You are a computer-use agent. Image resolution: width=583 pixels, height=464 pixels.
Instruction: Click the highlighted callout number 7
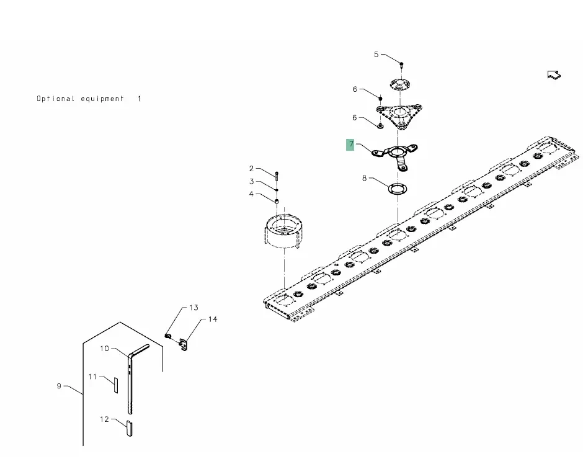click(351, 145)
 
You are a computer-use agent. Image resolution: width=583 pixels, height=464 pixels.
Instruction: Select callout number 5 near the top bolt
click(376, 55)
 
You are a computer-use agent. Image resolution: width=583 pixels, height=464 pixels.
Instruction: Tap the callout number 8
click(365, 179)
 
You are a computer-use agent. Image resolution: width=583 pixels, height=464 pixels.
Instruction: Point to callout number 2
click(252, 169)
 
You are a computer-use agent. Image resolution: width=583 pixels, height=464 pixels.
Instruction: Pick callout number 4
click(252, 194)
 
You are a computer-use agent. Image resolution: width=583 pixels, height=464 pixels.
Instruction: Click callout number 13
click(194, 308)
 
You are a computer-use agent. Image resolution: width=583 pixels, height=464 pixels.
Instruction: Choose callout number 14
click(213, 319)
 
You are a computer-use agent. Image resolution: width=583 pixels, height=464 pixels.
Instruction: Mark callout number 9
click(60, 386)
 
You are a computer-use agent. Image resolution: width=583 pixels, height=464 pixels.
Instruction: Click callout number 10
click(105, 349)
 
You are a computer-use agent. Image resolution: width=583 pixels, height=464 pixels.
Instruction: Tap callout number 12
click(105, 419)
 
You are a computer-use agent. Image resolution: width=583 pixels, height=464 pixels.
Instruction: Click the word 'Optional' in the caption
click(55, 99)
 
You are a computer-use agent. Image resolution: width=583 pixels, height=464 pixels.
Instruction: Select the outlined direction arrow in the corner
click(554, 75)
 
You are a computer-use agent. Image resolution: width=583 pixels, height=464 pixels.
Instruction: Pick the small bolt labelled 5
click(402, 64)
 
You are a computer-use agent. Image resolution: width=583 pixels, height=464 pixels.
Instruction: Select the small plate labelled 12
click(129, 427)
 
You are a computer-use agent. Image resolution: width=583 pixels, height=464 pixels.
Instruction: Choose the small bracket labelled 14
click(183, 344)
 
